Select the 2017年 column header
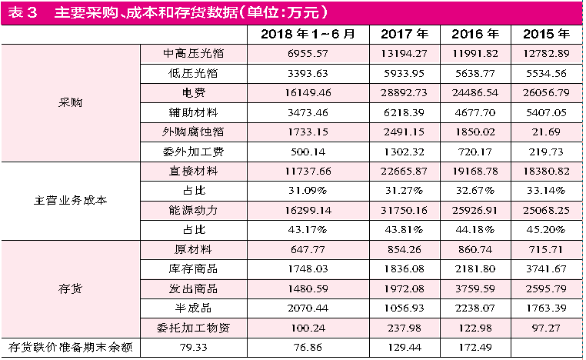405,35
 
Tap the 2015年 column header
546,35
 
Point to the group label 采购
70,102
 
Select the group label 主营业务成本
70,201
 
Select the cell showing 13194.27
405,54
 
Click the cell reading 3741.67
546,268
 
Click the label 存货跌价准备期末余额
70,347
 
